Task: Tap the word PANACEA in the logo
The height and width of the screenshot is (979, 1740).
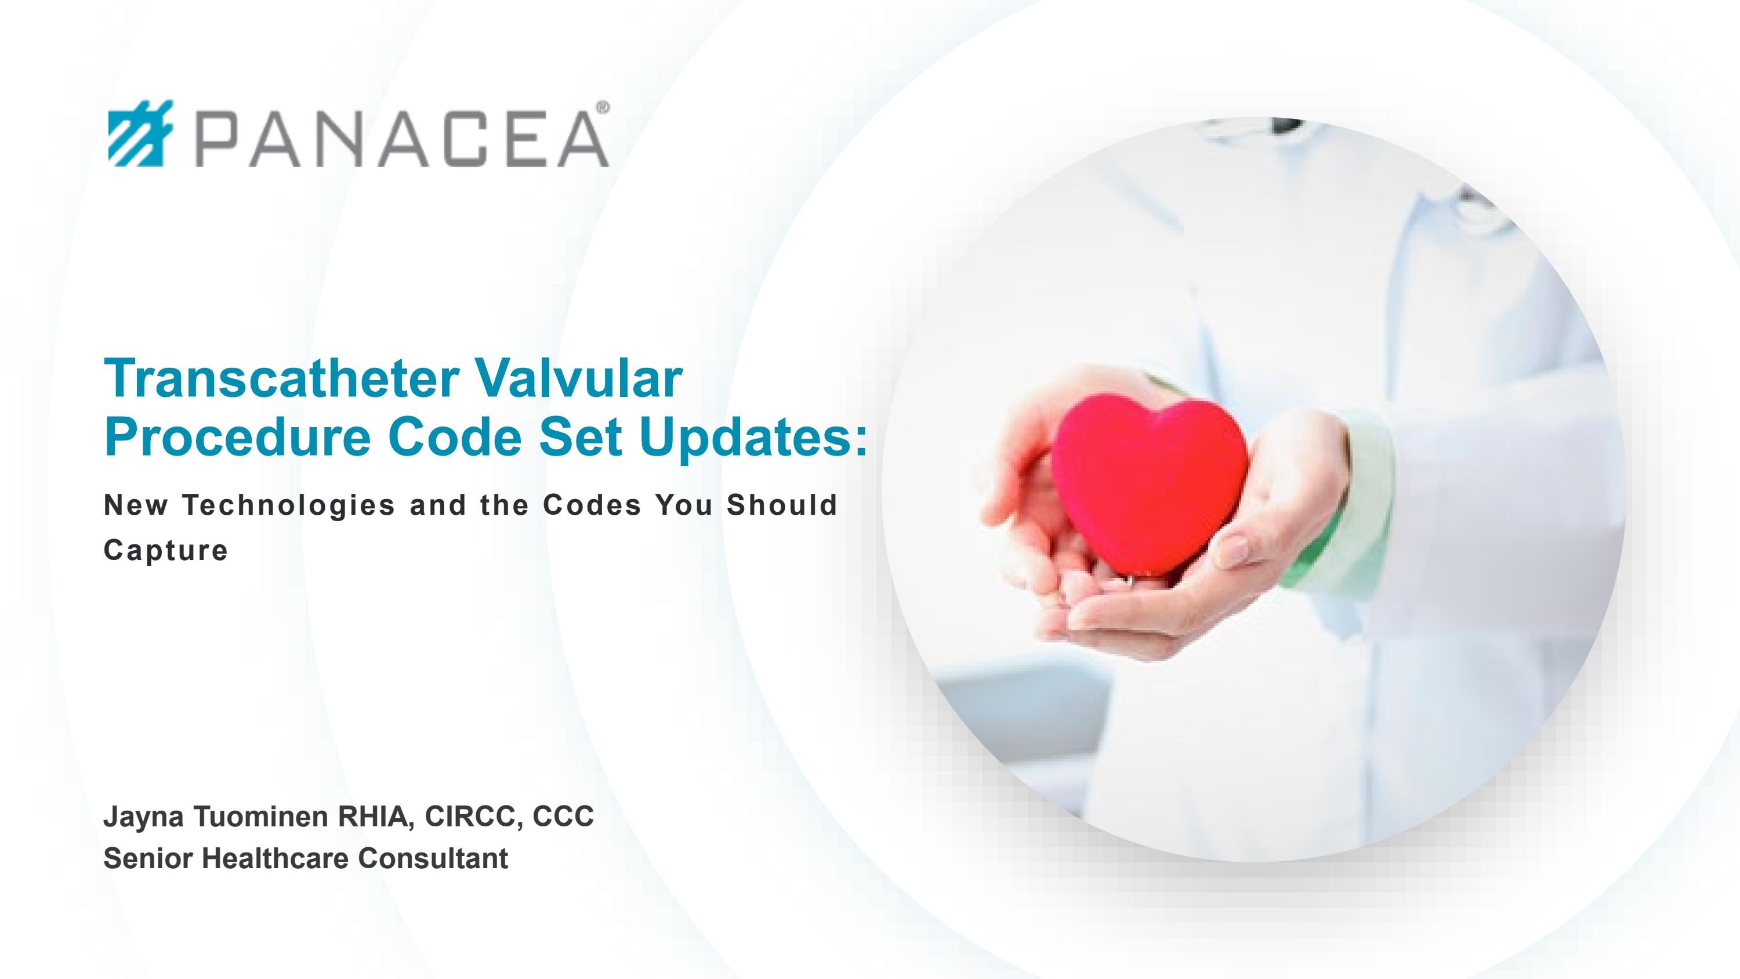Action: [403, 139]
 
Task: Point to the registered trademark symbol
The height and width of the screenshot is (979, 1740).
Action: [603, 107]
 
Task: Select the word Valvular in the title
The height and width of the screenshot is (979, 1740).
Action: [578, 378]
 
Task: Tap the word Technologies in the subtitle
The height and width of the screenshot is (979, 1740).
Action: [288, 505]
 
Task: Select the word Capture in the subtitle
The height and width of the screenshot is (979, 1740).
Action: [165, 550]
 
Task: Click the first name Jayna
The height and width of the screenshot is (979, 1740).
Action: [143, 818]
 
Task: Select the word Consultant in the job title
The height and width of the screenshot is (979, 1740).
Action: [433, 859]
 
